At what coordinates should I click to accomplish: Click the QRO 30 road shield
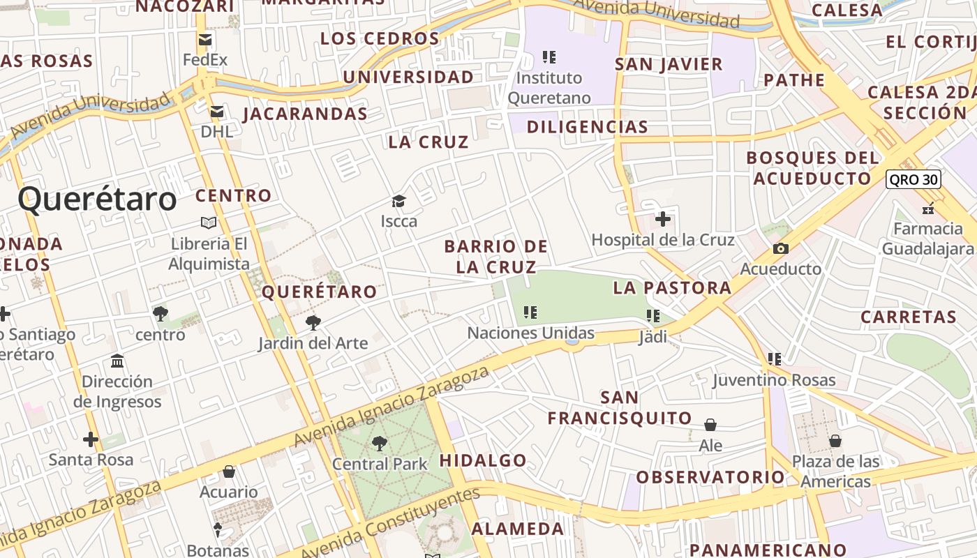913,179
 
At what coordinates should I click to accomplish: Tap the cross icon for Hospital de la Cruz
662,220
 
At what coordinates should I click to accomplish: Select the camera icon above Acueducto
781,248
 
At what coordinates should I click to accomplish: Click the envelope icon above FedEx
205,40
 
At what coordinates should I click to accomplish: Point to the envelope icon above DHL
217,112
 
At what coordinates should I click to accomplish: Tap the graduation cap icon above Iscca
398,202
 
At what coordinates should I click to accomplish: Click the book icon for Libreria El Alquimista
208,223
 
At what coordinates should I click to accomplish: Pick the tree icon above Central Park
379,443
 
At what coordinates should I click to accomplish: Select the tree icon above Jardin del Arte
313,322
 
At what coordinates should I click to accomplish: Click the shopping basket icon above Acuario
228,472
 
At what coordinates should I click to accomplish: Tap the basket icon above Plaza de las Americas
835,441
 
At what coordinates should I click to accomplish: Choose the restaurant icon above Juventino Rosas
774,359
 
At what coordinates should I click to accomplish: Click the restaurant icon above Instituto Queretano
549,56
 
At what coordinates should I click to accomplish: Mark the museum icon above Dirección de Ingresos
117,361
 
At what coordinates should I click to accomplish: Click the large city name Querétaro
97,199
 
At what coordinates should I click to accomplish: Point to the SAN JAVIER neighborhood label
668,64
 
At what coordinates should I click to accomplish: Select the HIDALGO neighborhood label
482,460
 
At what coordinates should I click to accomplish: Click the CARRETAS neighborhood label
908,317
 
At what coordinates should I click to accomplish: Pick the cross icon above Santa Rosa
90,439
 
